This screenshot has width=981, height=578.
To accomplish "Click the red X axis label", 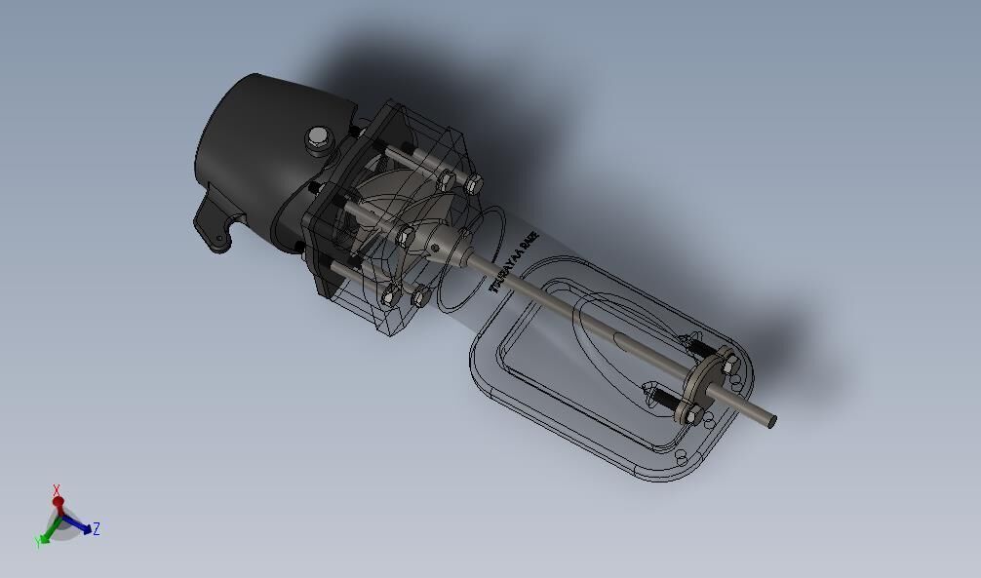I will tap(58, 490).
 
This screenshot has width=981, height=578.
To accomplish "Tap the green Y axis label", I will tap(39, 541).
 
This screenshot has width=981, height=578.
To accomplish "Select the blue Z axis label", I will tap(97, 529).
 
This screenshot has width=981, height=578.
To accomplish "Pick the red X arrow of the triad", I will tap(59, 505).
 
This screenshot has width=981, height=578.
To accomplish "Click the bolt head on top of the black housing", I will tap(318, 139).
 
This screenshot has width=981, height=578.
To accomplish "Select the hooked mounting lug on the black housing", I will tap(216, 226).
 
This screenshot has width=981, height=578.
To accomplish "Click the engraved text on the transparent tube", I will tap(514, 262).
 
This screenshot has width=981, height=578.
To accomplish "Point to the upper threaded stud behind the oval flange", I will tap(694, 342).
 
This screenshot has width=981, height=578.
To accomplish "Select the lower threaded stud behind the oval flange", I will tap(663, 400).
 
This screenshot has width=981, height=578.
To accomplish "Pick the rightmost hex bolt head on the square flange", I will tap(475, 183).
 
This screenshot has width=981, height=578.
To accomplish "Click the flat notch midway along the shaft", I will tap(624, 341).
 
